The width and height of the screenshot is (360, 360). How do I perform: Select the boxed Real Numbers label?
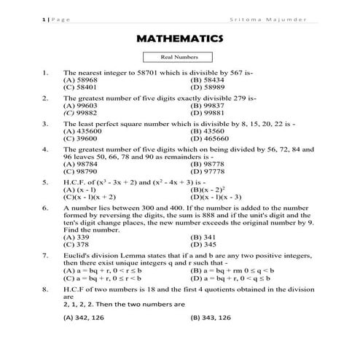179,57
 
